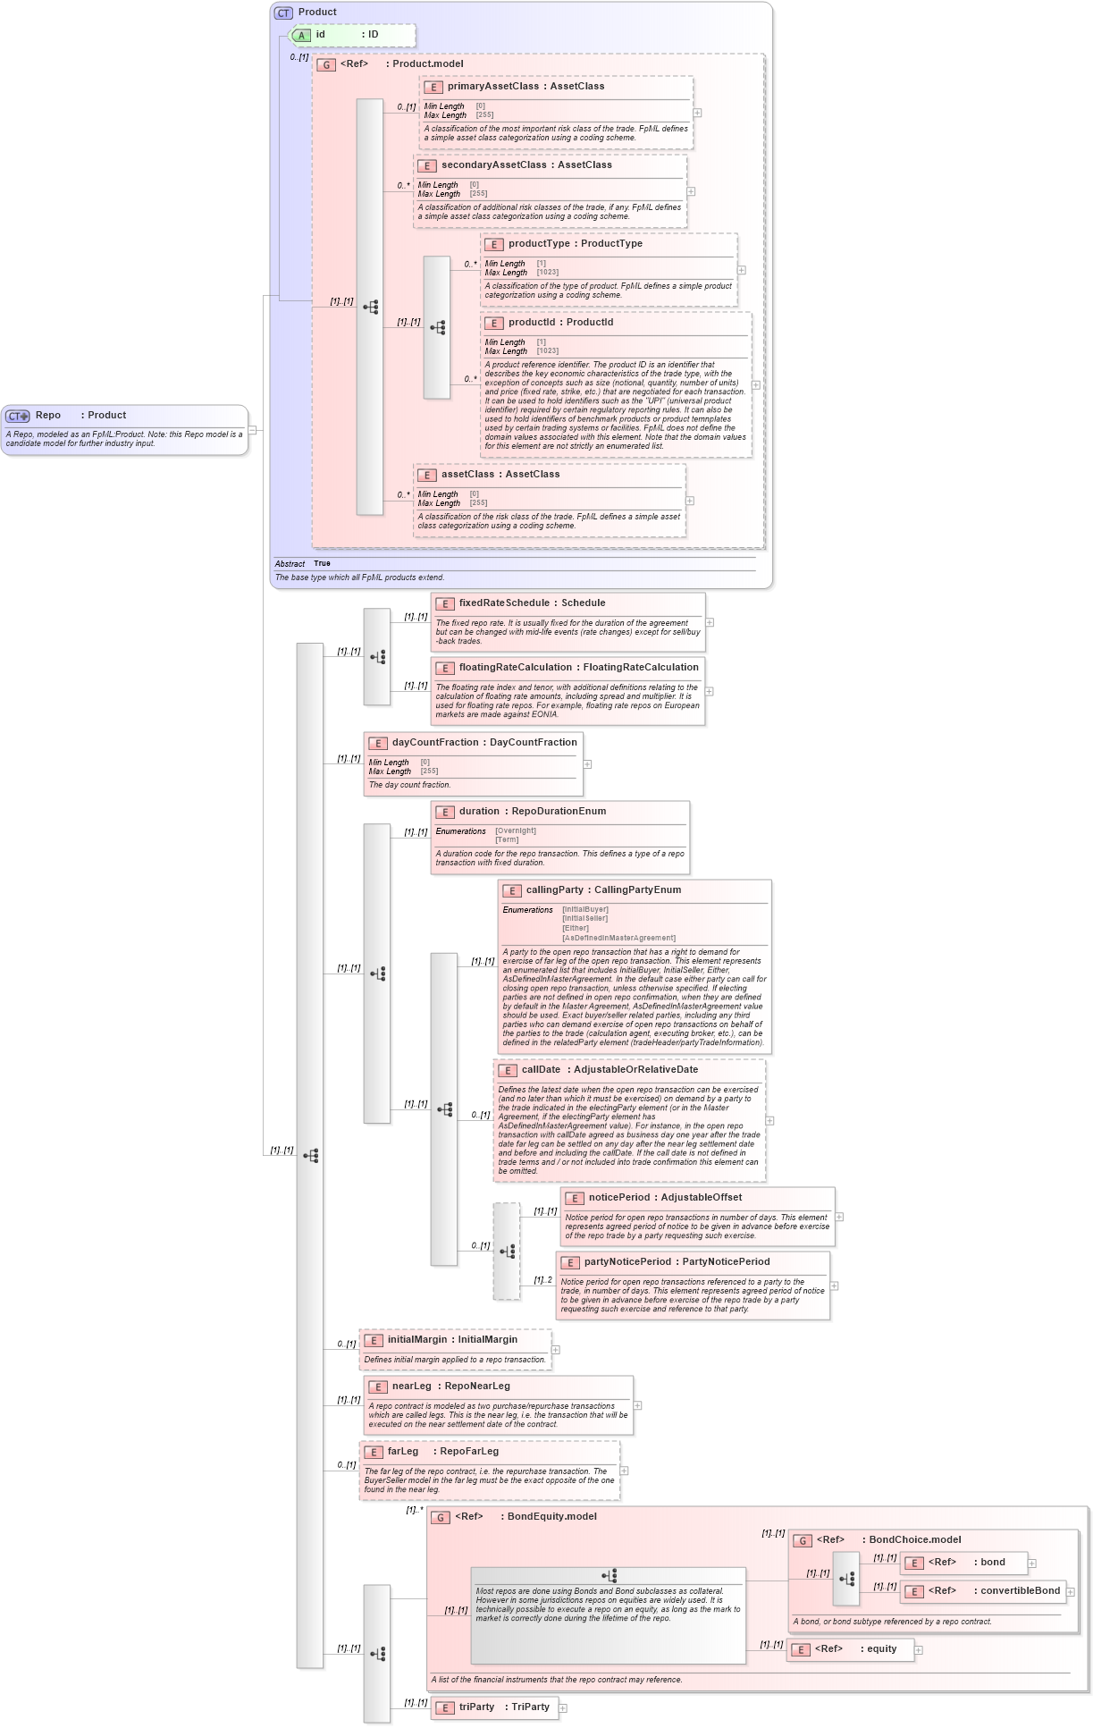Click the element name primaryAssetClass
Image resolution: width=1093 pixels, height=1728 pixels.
click(493, 87)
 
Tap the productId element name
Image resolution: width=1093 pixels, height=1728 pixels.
click(534, 323)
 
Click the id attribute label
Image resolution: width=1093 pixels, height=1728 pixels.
click(321, 35)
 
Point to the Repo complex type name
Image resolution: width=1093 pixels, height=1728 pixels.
click(48, 416)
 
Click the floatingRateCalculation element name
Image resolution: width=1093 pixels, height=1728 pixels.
click(516, 668)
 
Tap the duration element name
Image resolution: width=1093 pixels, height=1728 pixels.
click(479, 812)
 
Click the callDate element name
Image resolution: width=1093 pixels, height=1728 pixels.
click(542, 1070)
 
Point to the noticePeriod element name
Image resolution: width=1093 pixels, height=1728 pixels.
click(618, 1198)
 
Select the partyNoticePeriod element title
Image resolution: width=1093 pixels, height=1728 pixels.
click(627, 1262)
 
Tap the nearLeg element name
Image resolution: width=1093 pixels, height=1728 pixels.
click(412, 1387)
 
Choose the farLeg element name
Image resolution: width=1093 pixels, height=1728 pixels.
click(403, 1452)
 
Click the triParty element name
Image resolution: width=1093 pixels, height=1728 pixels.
click(476, 1707)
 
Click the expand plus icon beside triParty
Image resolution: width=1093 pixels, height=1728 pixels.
click(563, 1708)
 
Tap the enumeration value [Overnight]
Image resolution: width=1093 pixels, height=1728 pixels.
click(516, 831)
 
